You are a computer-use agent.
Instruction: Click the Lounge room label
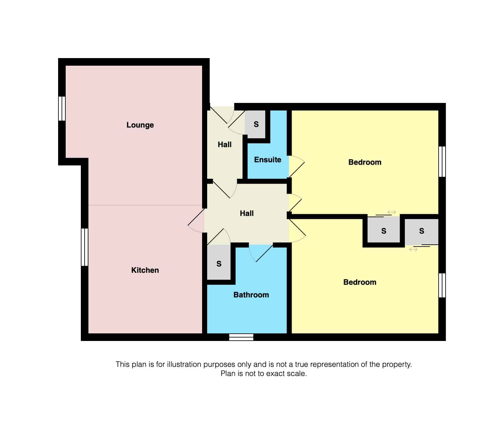(x=140, y=125)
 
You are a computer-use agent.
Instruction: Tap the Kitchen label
(x=145, y=270)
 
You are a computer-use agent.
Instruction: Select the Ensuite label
(x=267, y=160)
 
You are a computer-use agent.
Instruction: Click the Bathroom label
(x=251, y=295)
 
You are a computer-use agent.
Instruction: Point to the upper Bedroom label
(x=365, y=162)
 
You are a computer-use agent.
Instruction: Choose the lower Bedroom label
(x=360, y=282)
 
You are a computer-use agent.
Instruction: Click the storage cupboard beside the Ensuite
(x=256, y=124)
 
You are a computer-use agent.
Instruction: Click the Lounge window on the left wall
(x=62, y=109)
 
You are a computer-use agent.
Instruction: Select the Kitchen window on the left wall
(x=85, y=247)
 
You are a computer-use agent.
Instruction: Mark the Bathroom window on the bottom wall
(x=241, y=337)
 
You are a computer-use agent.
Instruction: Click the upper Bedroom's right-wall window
(x=442, y=161)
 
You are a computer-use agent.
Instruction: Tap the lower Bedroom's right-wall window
(x=442, y=285)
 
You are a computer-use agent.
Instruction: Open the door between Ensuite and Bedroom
(x=296, y=166)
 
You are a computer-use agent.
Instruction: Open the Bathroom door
(x=261, y=253)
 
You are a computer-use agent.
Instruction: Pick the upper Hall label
(x=225, y=145)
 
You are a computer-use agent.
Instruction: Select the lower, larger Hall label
(x=247, y=213)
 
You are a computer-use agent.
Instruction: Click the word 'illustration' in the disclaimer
(x=184, y=364)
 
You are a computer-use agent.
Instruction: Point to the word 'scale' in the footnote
(x=297, y=374)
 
